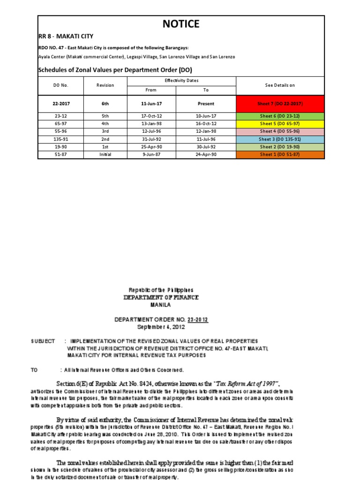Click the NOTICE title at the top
180,24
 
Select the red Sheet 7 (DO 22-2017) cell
280,104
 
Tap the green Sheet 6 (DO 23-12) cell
280,116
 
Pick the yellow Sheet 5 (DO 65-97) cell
280,124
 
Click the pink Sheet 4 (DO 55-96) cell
280,132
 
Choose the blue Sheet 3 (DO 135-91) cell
280,139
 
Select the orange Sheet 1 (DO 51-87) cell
280,155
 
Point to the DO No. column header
61,85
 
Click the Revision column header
105,85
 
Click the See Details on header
280,85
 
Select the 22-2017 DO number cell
61,104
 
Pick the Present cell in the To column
206,104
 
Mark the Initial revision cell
105,155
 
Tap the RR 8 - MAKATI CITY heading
66,36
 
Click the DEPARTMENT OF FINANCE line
161,297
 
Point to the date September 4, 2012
161,326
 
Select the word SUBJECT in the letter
43,341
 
